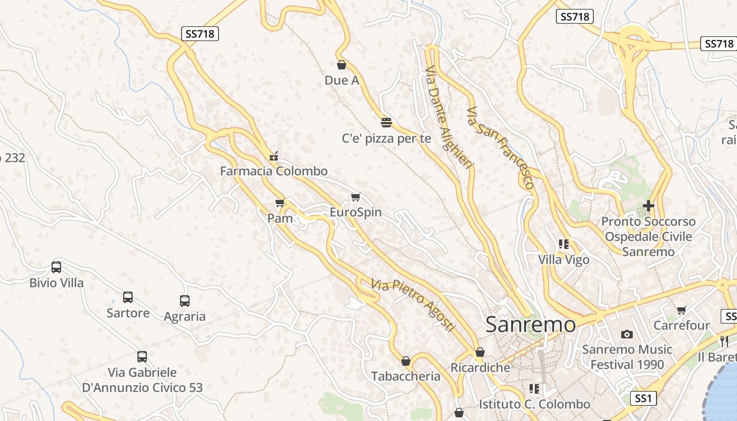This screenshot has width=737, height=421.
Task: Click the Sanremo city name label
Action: point(531,324)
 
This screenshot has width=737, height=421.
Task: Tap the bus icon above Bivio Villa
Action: point(56,267)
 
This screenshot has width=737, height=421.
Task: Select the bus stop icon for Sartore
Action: point(128,297)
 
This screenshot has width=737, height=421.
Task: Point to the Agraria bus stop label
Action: point(184,316)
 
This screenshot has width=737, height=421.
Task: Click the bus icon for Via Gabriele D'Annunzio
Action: point(142,356)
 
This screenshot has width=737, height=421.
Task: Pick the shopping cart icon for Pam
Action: point(280,203)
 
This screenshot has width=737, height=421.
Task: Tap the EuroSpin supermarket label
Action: point(355,213)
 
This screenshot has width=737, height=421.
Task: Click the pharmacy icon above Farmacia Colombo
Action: point(273,156)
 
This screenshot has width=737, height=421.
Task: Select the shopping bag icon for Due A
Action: point(342,65)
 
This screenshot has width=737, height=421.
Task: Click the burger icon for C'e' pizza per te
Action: point(386,123)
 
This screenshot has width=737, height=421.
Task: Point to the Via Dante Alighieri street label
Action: point(447,117)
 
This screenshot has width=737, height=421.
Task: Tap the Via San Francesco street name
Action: point(501,147)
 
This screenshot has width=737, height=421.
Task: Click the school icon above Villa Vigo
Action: point(564,244)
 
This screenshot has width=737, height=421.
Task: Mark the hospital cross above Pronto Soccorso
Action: point(649,206)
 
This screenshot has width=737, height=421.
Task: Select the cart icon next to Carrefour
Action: point(682,310)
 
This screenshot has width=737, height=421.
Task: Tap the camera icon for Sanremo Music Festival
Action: point(626,334)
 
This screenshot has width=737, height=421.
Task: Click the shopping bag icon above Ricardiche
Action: point(480,352)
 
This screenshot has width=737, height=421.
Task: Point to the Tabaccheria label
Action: point(405,376)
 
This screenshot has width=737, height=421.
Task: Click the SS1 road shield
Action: point(643,398)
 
